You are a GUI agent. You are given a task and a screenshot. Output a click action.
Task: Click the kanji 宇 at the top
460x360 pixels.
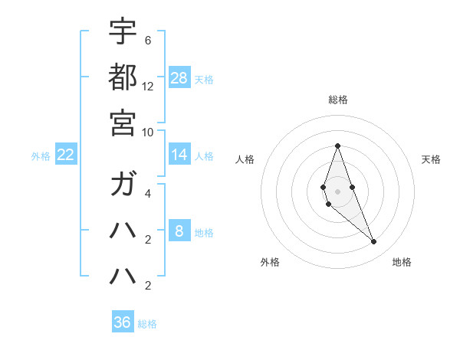coord(123,31)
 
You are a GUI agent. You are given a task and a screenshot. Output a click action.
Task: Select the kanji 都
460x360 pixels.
coord(123,77)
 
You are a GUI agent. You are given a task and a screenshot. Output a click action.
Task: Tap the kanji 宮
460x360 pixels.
coord(123,122)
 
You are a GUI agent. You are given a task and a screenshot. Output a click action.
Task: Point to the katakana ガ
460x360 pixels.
coord(123,185)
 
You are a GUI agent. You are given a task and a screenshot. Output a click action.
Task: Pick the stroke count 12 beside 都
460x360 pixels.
coord(148,86)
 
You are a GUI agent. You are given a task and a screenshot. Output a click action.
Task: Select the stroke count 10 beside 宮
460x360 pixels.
coord(148,131)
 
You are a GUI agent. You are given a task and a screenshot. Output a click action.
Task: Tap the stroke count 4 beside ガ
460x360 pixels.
coord(148,195)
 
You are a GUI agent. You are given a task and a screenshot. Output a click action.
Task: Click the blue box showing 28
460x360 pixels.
coord(179,77)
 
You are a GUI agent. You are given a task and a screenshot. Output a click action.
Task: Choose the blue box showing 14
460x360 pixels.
coord(179,155)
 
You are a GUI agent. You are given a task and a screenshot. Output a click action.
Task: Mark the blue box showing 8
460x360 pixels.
coord(179,231)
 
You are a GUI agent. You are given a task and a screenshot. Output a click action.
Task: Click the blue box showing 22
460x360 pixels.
coord(66,155)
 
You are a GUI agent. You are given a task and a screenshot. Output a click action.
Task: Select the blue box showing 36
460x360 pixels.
coord(123,322)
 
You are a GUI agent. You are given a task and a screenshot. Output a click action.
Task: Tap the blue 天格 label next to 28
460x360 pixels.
coord(204,79)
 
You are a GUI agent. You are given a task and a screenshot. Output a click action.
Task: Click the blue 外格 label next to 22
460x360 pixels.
coord(41,156)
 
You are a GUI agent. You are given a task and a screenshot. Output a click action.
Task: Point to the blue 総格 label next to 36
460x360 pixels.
coord(147,324)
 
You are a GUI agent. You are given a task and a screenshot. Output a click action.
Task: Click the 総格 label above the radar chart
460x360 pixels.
coord(337,100)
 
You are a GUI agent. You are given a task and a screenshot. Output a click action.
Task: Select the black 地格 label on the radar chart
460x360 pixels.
coord(402,262)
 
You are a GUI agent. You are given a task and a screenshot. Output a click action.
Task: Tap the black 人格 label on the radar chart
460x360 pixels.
coord(245,159)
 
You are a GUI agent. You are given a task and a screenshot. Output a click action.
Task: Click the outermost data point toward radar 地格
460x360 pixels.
coord(373,242)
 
